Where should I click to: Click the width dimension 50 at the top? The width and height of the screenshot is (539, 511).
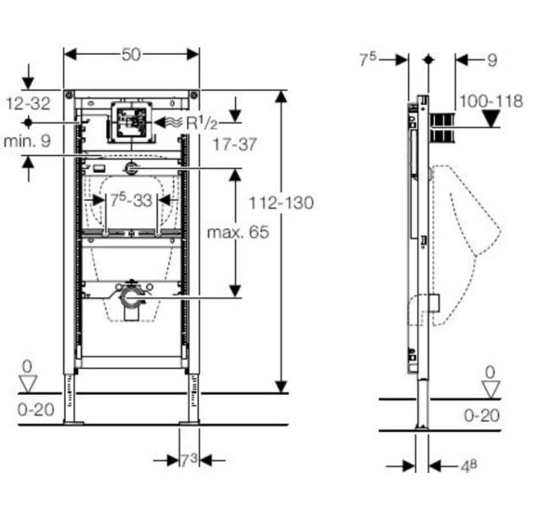point(132,55)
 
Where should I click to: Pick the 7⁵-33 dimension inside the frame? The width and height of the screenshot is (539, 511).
point(131,200)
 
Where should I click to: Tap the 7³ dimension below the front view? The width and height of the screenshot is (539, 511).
point(189,459)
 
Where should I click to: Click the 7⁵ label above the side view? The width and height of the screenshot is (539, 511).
point(369,59)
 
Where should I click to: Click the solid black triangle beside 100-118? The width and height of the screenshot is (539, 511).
point(493,118)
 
